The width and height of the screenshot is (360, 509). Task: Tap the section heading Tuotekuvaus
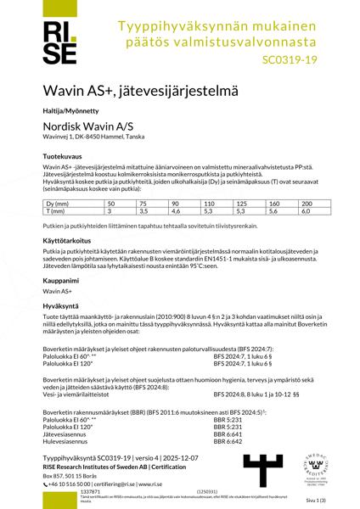(63, 158)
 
